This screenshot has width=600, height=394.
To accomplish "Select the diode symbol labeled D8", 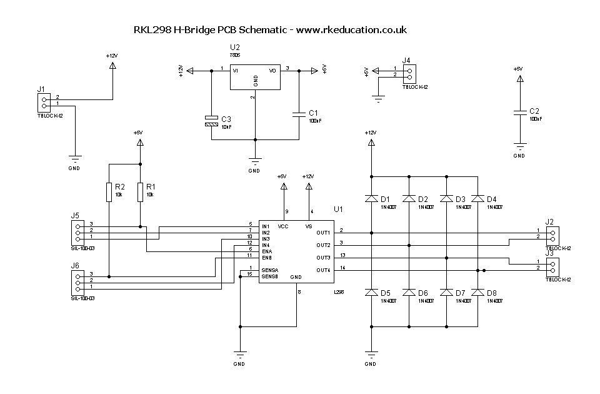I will click(x=477, y=292).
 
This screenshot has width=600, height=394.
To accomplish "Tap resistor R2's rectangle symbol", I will click(x=109, y=191).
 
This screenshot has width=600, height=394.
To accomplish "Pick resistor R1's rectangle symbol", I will click(x=140, y=191).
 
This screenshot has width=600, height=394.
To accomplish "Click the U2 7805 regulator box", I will click(x=255, y=76).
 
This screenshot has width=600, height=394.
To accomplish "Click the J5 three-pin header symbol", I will click(x=77, y=231).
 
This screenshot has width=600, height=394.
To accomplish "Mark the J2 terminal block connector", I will click(x=552, y=234).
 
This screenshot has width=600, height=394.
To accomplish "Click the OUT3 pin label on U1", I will click(x=323, y=258).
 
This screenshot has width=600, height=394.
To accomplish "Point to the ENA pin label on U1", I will click(x=267, y=251).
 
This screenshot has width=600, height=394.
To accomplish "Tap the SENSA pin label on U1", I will click(x=269, y=270).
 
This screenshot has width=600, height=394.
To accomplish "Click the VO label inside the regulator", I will click(x=272, y=71).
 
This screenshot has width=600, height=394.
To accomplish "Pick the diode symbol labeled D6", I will click(x=409, y=292).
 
